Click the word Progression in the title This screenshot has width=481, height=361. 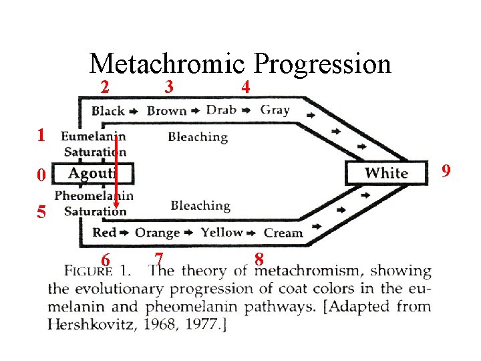[323, 64]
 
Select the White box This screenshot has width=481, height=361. [386, 173]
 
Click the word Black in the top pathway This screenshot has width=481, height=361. [108, 110]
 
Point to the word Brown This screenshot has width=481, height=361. [167, 110]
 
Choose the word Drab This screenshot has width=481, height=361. [221, 110]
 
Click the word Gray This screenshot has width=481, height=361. [275, 109]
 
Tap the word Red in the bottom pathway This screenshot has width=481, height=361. [104, 233]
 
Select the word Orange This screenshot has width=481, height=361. [157, 233]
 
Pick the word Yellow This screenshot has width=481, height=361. [221, 232]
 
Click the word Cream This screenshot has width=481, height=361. [283, 233]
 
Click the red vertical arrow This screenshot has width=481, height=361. [116, 170]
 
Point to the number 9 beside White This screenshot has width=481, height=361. [446, 172]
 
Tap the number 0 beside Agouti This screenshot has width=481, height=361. [41, 176]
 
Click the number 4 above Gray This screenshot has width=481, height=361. [246, 87]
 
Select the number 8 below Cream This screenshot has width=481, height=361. [259, 259]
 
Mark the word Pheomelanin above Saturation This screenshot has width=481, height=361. [94, 197]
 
